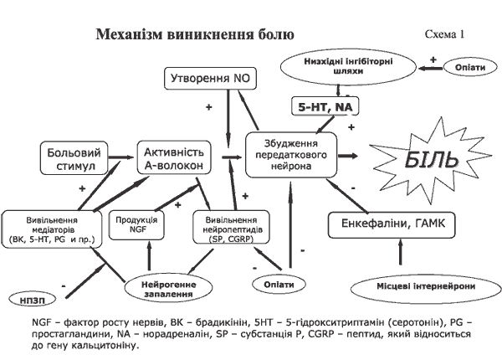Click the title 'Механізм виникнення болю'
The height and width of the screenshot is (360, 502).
pyautogui.click(x=195, y=34)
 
